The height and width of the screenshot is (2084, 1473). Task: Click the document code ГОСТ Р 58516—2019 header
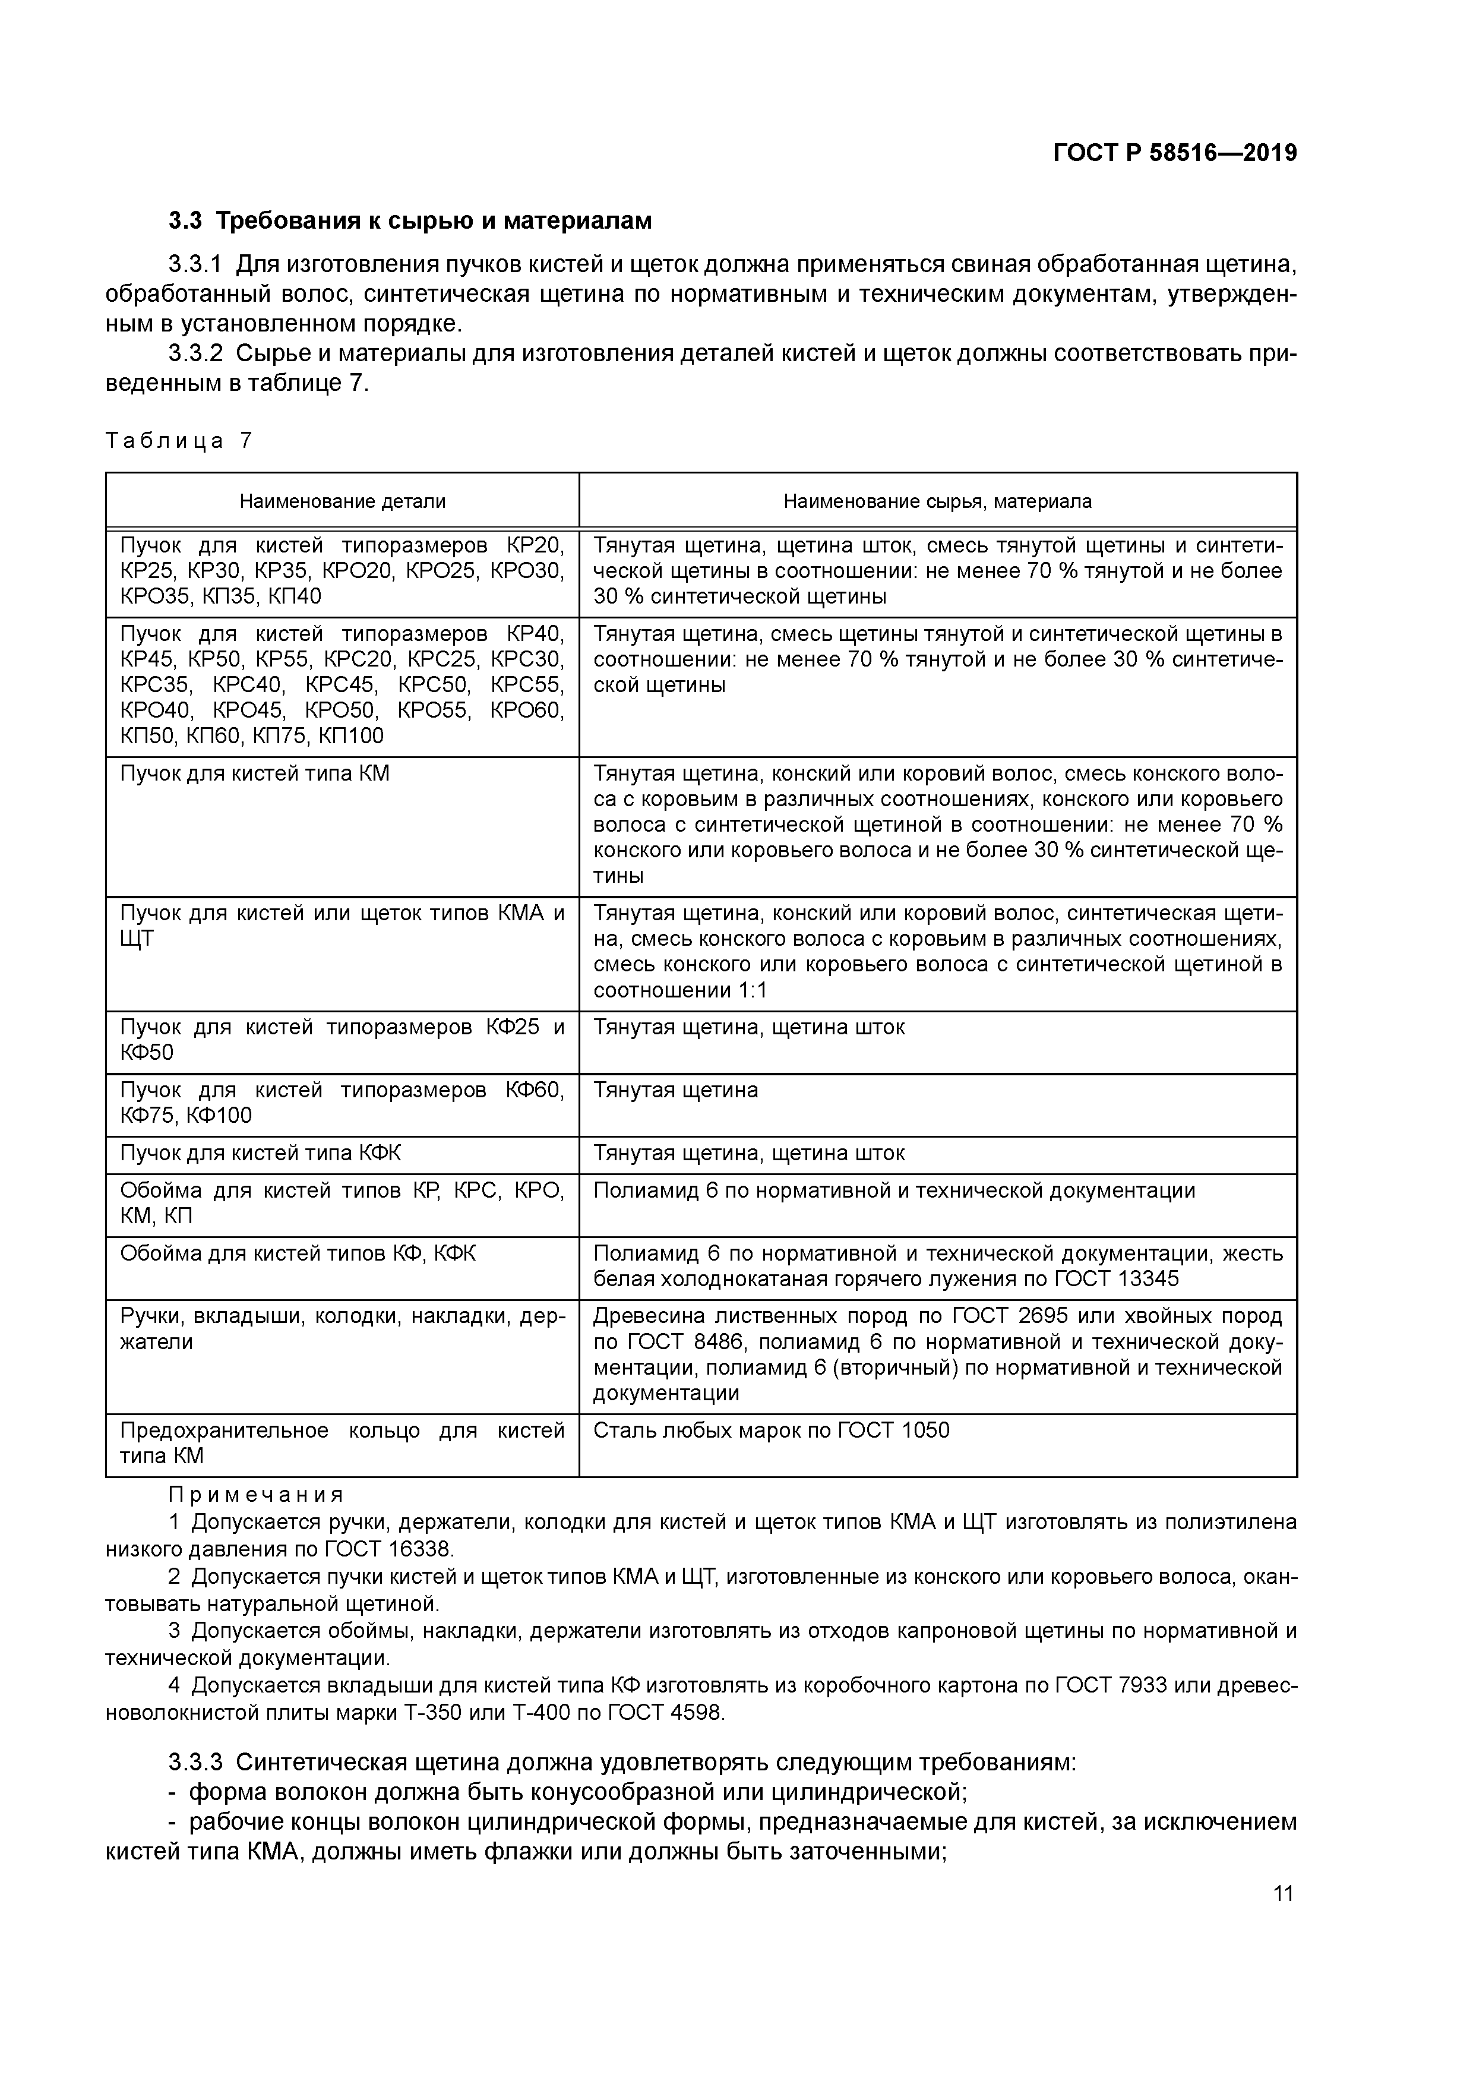[1174, 153]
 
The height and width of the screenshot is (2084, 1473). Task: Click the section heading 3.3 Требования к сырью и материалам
[410, 220]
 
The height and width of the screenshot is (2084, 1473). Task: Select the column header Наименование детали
[342, 501]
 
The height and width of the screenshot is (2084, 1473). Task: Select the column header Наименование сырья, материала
[937, 501]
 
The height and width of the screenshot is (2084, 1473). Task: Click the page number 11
[1282, 1893]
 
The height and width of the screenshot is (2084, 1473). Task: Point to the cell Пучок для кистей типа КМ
[255, 773]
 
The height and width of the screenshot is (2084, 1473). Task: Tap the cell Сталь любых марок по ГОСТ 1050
[772, 1431]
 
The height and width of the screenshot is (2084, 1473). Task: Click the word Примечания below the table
[256, 1495]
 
